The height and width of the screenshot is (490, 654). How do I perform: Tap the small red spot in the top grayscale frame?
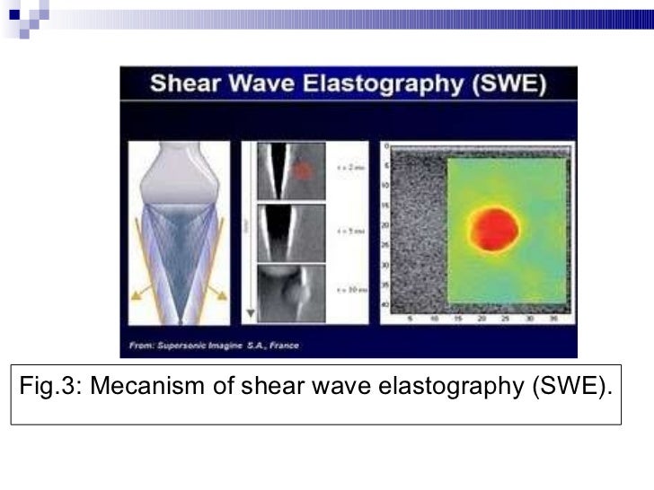point(303,170)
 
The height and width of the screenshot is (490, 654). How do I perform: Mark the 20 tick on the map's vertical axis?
point(385,224)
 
